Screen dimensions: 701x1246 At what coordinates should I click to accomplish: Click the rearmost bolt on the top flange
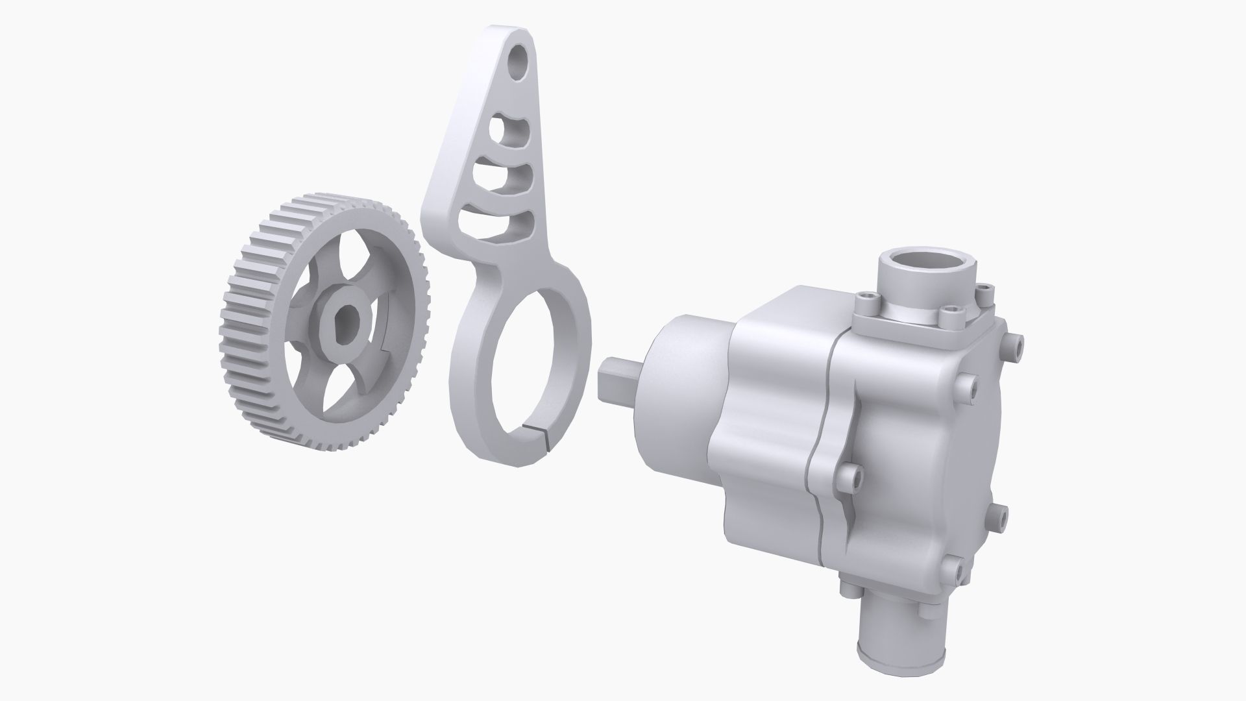(984, 290)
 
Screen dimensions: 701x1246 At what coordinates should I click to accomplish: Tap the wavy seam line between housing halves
(819, 454)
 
